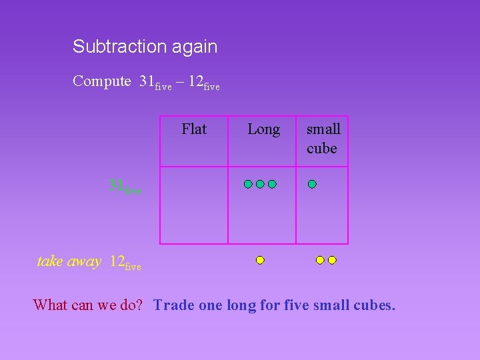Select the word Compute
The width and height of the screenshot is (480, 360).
102,81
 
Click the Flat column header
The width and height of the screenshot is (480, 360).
194,129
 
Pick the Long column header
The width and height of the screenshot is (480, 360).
263,129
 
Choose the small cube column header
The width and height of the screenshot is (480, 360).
323,139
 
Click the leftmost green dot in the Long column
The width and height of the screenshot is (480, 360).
248,184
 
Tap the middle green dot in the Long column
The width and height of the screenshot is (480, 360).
260,184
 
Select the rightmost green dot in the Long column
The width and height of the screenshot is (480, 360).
272,184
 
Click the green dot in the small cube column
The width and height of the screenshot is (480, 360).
312,184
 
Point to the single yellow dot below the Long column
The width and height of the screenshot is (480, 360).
260,260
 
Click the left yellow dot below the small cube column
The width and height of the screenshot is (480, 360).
320,260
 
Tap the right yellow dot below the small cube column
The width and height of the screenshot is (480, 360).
332,260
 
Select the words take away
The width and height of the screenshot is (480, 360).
69,261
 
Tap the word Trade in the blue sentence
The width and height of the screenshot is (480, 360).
173,305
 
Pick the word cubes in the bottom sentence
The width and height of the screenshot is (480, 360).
375,305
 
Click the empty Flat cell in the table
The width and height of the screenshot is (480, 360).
194,205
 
